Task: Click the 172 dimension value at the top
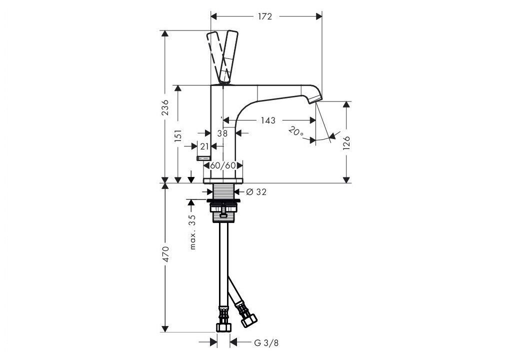click(x=265, y=16)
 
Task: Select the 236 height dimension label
click(x=165, y=107)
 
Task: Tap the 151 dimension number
click(x=178, y=135)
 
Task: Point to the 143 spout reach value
click(x=268, y=120)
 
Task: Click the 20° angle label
click(x=296, y=132)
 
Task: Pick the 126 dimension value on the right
click(x=346, y=143)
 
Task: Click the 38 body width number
click(x=222, y=133)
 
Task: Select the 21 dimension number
click(x=204, y=146)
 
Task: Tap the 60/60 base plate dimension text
click(x=223, y=165)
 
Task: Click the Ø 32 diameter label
click(x=256, y=192)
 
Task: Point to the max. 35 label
click(x=192, y=232)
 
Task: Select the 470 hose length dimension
click(x=165, y=254)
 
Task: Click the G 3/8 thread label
click(x=266, y=343)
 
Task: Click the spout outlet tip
click(x=316, y=99)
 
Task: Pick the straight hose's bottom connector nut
click(x=223, y=327)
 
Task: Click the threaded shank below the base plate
click(x=223, y=191)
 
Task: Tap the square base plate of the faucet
click(x=223, y=180)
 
